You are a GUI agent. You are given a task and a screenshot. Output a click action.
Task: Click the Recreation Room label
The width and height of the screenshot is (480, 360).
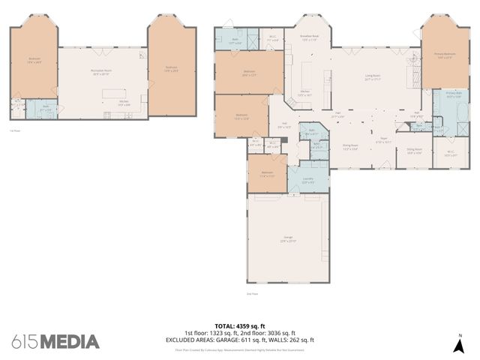101,72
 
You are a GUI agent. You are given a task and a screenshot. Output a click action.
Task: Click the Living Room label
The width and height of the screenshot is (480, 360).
371,77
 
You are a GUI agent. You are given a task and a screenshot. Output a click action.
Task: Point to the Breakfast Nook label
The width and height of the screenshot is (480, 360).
310,37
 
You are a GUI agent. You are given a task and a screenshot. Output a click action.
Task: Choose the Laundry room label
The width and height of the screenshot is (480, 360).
307,179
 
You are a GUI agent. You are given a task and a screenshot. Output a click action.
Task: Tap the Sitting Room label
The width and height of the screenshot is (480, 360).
415,151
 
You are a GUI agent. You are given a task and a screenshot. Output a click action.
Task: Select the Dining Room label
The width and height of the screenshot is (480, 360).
350,148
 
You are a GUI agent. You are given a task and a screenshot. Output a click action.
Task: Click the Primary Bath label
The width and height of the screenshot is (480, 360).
453,94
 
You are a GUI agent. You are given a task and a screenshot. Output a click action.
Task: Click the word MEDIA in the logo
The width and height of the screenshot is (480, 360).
69,342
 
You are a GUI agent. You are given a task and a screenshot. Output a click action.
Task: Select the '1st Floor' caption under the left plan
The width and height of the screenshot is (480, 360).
15,130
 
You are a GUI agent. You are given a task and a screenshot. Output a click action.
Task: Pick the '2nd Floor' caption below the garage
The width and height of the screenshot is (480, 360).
252,293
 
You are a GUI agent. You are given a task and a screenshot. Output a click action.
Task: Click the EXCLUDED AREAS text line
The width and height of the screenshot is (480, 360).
240,339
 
